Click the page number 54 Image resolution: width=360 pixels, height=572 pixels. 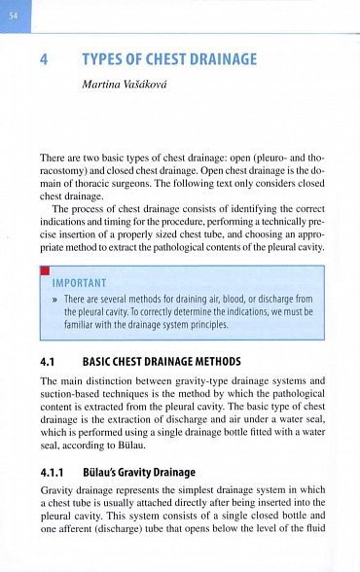pos(15,16)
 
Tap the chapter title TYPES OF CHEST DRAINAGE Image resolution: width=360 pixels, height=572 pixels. pos(170,60)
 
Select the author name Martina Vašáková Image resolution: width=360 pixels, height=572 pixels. pos(126,86)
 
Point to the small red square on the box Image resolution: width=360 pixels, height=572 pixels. pos(45,268)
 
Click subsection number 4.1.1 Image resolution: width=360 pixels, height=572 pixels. pos(53,462)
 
